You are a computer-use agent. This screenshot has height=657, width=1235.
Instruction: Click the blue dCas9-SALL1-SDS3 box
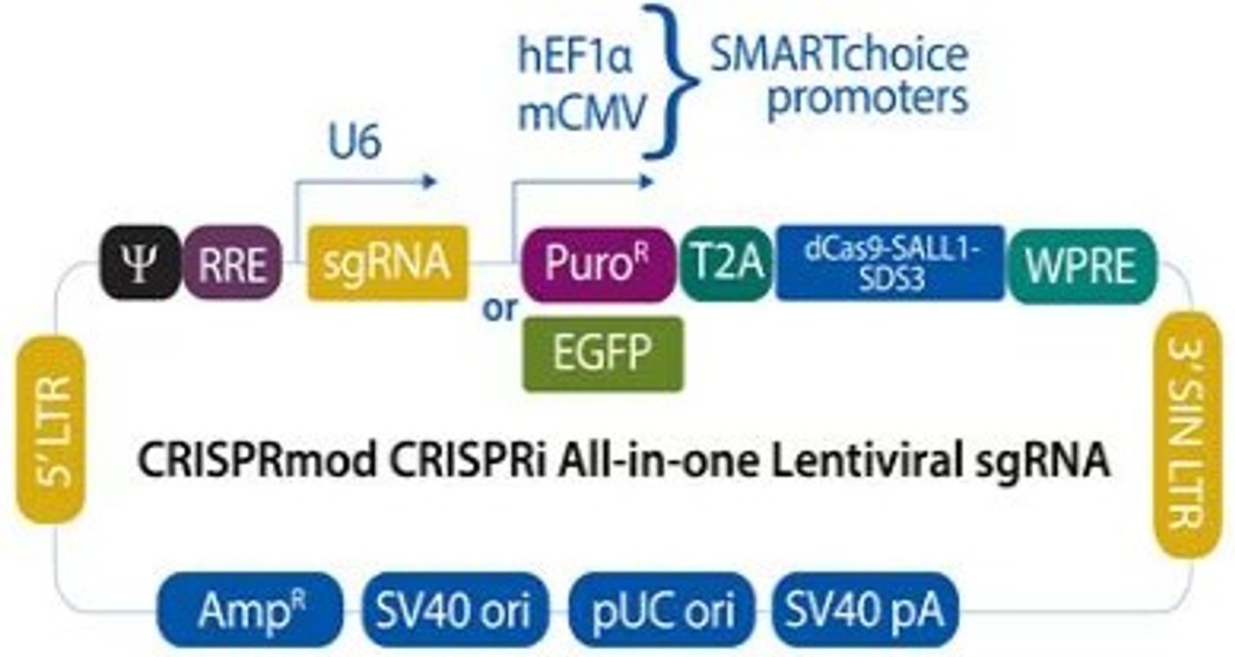890,262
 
